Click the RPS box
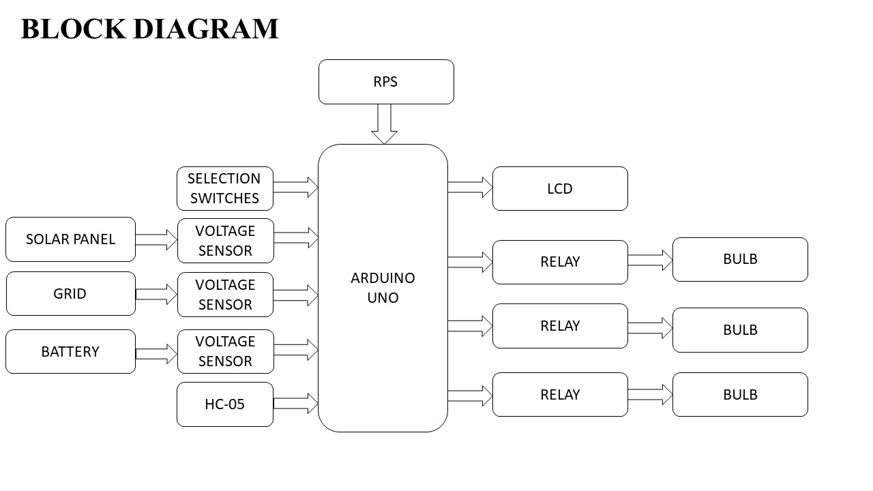tap(386, 82)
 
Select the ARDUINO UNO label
tap(383, 288)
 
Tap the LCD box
tap(560, 189)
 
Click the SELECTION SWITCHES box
tap(225, 188)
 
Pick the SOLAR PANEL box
tap(70, 239)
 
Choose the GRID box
tap(70, 294)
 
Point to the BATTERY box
tap(70, 352)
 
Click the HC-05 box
tap(225, 404)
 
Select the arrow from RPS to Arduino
tap(385, 123)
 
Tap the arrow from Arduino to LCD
tap(470, 188)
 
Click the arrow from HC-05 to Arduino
tap(296, 403)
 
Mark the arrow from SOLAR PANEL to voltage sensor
tap(156, 240)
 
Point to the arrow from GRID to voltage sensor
tap(156, 295)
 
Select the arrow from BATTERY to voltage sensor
tap(156, 354)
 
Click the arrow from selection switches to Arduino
tap(296, 187)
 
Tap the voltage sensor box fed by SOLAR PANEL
tap(225, 241)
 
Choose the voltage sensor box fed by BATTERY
tap(225, 351)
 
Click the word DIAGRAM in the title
tap(205, 29)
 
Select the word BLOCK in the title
tap(73, 29)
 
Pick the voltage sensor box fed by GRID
tap(225, 295)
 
